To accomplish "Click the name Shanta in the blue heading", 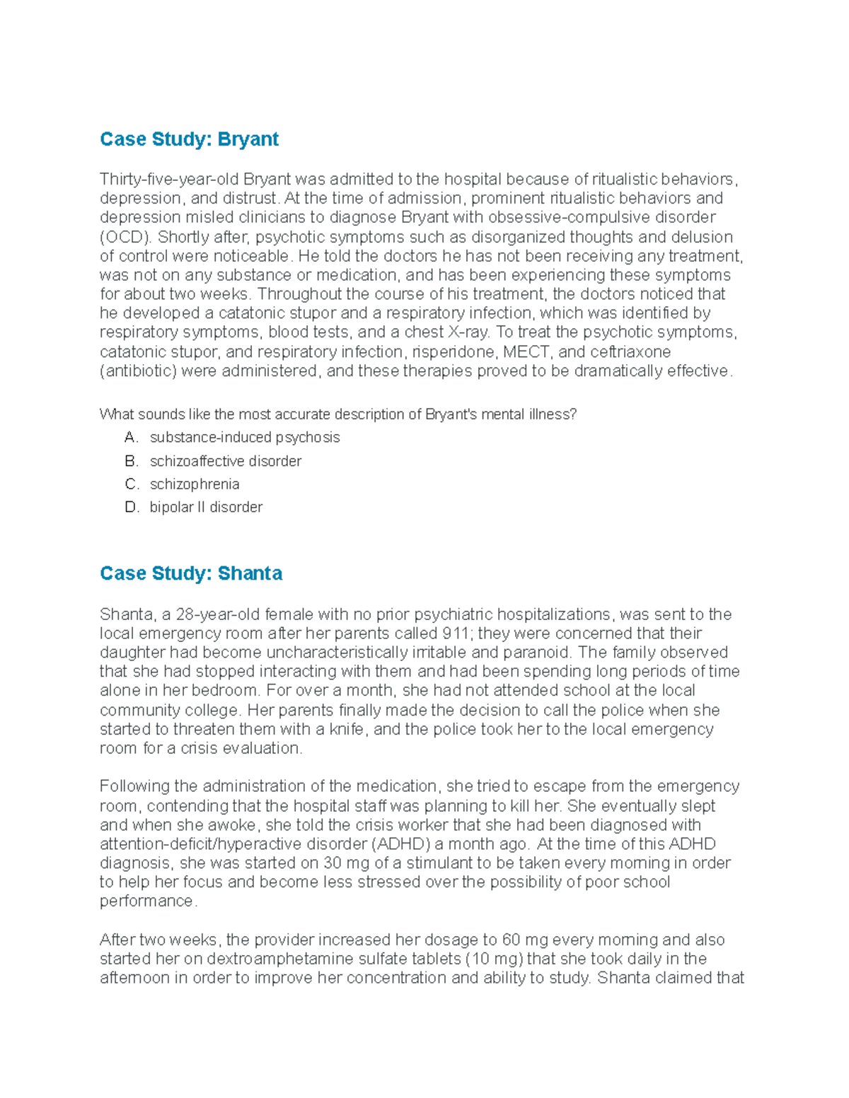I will pos(250,573).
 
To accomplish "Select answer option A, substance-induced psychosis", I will pos(244,438).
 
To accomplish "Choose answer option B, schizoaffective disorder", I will pos(225,461).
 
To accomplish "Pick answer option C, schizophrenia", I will pos(194,484).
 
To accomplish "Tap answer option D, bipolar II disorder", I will pos(206,507).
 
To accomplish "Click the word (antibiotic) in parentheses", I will pos(138,371).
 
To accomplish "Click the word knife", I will pos(348,730).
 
